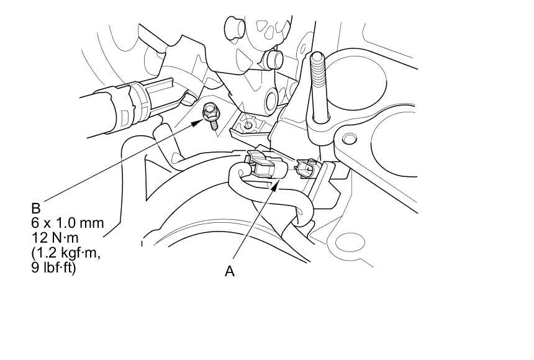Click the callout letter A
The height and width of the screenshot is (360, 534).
click(x=230, y=271)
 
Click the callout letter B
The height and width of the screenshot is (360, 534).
click(x=35, y=209)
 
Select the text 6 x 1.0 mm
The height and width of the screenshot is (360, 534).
click(x=67, y=222)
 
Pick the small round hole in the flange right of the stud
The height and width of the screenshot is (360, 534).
click(x=350, y=138)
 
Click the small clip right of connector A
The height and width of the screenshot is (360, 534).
click(x=307, y=168)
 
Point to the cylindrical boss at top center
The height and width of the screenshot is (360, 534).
click(x=234, y=28)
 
